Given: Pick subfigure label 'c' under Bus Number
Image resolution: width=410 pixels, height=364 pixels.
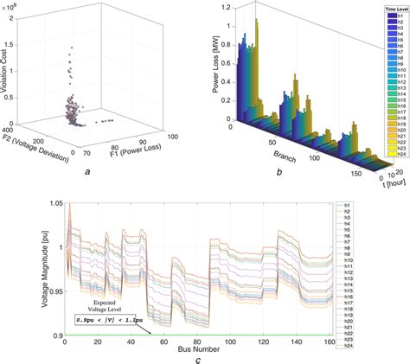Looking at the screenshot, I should [201, 359].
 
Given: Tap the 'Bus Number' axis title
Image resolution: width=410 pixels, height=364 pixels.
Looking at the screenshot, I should [200, 348].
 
